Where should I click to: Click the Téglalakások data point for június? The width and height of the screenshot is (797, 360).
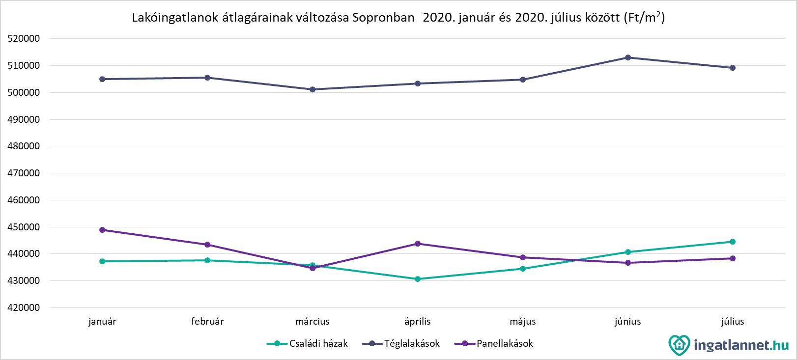(x=628, y=57)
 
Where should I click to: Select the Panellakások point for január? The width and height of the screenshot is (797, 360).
(x=103, y=230)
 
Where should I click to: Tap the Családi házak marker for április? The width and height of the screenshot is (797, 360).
(x=418, y=279)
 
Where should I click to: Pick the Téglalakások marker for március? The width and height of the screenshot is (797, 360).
(x=313, y=89)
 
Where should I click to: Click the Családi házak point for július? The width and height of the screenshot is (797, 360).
(x=733, y=242)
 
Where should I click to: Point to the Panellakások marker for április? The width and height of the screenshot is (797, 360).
(x=418, y=244)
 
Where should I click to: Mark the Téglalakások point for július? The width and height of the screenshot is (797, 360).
(x=733, y=68)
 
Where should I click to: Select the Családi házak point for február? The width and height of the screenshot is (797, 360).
(x=207, y=260)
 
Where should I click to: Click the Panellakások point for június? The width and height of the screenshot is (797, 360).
(x=628, y=263)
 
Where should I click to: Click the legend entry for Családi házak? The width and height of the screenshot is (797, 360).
(x=308, y=344)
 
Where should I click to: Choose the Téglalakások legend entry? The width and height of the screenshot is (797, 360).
(x=401, y=344)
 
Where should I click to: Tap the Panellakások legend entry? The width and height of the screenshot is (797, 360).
(x=494, y=344)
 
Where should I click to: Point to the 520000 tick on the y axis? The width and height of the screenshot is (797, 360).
(x=24, y=38)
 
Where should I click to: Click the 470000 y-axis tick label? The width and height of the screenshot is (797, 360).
(x=24, y=173)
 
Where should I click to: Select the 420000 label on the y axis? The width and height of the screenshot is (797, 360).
(x=24, y=308)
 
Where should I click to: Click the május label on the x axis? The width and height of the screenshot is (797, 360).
(x=523, y=322)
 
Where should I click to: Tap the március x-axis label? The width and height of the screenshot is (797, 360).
(x=313, y=322)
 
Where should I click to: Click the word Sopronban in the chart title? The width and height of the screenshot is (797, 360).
(x=383, y=18)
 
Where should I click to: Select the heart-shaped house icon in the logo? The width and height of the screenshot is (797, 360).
(x=679, y=345)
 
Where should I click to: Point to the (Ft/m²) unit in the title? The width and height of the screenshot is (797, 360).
(x=644, y=17)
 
